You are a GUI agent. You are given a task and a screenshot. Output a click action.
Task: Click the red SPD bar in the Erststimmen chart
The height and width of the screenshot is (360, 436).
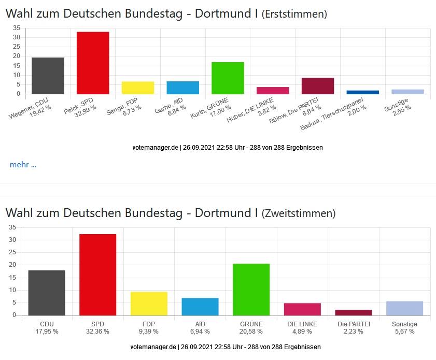coord(93,63)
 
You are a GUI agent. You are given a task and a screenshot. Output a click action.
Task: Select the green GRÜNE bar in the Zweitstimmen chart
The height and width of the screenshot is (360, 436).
coord(251,289)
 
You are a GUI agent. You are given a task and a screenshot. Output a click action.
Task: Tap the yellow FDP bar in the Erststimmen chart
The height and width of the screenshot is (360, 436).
coord(138,88)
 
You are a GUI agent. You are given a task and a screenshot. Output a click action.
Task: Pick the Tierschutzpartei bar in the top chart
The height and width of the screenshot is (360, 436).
coord(363,92)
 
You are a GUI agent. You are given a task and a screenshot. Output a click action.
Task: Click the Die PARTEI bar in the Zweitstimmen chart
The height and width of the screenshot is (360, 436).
coord(354,312)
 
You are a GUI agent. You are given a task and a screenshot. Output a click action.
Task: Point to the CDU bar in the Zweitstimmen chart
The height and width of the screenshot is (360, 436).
coord(47,293)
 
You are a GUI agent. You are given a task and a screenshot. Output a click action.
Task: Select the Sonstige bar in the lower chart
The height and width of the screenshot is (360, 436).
coord(404,308)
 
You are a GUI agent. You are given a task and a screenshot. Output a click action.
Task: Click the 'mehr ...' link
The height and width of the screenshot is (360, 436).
coord(23,165)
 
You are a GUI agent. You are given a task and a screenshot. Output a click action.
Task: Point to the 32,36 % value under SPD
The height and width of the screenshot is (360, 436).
coord(97,332)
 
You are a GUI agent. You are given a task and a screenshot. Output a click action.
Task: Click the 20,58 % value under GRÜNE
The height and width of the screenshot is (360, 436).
coord(251,332)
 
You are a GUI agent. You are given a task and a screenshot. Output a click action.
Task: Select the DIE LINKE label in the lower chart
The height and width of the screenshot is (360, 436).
coord(302,324)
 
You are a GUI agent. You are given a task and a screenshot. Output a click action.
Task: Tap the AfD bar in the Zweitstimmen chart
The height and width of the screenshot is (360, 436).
coord(200,306)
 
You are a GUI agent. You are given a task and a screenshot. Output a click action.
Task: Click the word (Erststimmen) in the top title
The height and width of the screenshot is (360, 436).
coord(294,14)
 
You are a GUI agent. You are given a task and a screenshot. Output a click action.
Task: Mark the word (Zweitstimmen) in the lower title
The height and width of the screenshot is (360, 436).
coord(298,213)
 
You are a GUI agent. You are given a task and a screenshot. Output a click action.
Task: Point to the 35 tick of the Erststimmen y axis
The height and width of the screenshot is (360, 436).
coord(17,28)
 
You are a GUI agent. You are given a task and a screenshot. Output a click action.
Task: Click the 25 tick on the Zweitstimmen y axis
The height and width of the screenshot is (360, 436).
coord(12,252)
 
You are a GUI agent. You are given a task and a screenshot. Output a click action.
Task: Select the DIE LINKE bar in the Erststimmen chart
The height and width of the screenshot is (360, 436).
coord(273,91)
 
